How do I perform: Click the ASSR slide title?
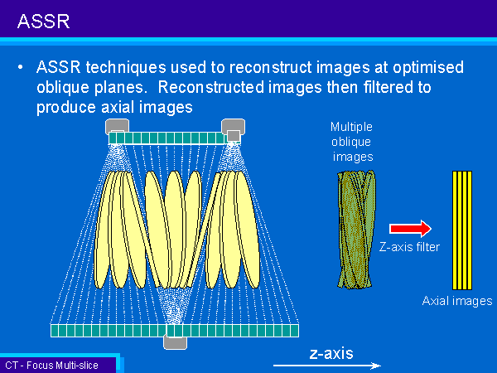click(43, 22)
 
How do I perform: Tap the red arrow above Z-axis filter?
click(410, 229)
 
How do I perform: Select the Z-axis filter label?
click(409, 247)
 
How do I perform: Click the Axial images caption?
click(457, 301)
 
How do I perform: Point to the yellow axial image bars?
click(462, 230)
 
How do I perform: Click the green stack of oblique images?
click(356, 230)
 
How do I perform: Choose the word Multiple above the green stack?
click(351, 127)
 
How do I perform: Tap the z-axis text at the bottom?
click(331, 354)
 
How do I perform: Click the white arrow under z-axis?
click(327, 366)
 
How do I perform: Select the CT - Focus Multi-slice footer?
click(51, 366)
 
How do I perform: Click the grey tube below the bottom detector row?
click(175, 342)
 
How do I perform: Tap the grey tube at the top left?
click(117, 126)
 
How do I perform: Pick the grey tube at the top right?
click(234, 128)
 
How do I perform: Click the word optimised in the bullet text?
click(428, 68)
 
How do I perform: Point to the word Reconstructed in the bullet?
click(211, 87)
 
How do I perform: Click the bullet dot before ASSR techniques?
click(21, 68)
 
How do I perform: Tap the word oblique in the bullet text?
click(63, 88)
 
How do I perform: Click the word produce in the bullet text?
click(66, 108)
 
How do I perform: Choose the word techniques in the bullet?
click(126, 68)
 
